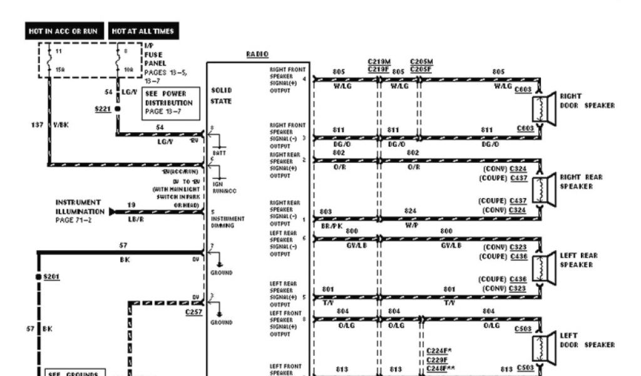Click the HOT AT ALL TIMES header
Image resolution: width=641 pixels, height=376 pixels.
pyautogui.click(x=143, y=31)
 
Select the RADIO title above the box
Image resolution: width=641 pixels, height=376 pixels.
pyautogui.click(x=257, y=55)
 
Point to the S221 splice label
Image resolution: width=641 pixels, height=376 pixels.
pyautogui.click(x=102, y=108)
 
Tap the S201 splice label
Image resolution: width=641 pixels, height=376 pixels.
pyautogui.click(x=51, y=276)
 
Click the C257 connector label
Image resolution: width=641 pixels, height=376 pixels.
pyautogui.click(x=193, y=311)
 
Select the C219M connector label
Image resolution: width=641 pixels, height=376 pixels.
pyautogui.click(x=379, y=61)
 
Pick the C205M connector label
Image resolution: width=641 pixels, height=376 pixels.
pyautogui.click(x=421, y=61)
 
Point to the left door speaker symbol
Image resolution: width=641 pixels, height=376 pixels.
pyautogui.click(x=545, y=344)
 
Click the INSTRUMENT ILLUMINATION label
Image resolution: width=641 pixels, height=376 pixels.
pyautogui.click(x=78, y=207)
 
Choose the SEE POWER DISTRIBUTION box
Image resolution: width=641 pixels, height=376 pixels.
pyautogui.click(x=170, y=103)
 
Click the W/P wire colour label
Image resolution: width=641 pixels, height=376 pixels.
pyautogui.click(x=411, y=224)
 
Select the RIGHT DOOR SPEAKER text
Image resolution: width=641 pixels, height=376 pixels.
pyautogui.click(x=587, y=101)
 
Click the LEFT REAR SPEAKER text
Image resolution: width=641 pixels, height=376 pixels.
pyautogui.click(x=578, y=260)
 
